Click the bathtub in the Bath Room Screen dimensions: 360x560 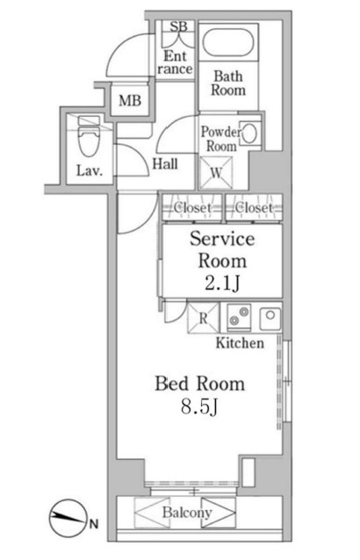click(228, 42)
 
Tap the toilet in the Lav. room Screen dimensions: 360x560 click(88, 136)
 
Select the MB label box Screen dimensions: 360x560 click(130, 100)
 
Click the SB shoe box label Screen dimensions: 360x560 click(178, 26)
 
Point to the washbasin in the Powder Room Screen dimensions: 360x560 click(250, 133)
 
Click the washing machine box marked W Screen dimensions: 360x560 click(216, 173)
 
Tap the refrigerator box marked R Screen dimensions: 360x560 click(203, 318)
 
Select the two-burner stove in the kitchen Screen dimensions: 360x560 click(238, 317)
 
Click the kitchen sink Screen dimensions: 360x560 click(270, 317)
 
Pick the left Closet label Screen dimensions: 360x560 click(192, 207)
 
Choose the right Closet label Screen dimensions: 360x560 click(254, 207)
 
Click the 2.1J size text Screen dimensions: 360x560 click(222, 284)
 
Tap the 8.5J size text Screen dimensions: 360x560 click(199, 406)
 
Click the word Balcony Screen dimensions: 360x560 click(187, 513)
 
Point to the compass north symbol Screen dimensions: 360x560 click(68, 517)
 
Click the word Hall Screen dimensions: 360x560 click(165, 164)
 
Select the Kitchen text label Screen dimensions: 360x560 click(240, 343)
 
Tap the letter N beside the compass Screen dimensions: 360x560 click(94, 524)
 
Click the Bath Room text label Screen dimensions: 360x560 click(228, 83)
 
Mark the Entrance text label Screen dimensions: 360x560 click(175, 62)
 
